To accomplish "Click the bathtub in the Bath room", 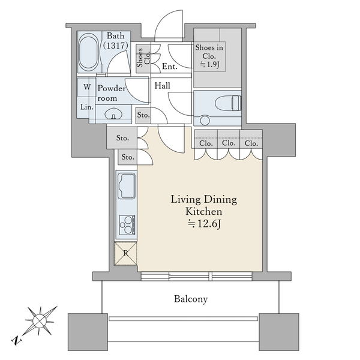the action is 88,52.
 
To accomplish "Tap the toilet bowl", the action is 229,103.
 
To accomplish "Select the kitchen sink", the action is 127,186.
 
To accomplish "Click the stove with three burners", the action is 127,225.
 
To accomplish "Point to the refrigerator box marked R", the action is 125,253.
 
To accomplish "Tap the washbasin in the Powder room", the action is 113,114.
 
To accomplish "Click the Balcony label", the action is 191,299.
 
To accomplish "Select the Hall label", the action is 163,86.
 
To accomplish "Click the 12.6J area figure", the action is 204,224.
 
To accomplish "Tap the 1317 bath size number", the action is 115,45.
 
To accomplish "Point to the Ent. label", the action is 170,67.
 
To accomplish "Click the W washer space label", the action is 87,87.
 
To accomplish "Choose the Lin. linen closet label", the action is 87,107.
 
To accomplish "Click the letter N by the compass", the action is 16,340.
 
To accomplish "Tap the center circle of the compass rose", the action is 39,321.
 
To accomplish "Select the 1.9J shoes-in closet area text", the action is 209,65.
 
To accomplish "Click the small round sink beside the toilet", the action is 205,121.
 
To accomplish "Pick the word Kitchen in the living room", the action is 204,211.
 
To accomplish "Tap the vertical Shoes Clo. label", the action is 143,58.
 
